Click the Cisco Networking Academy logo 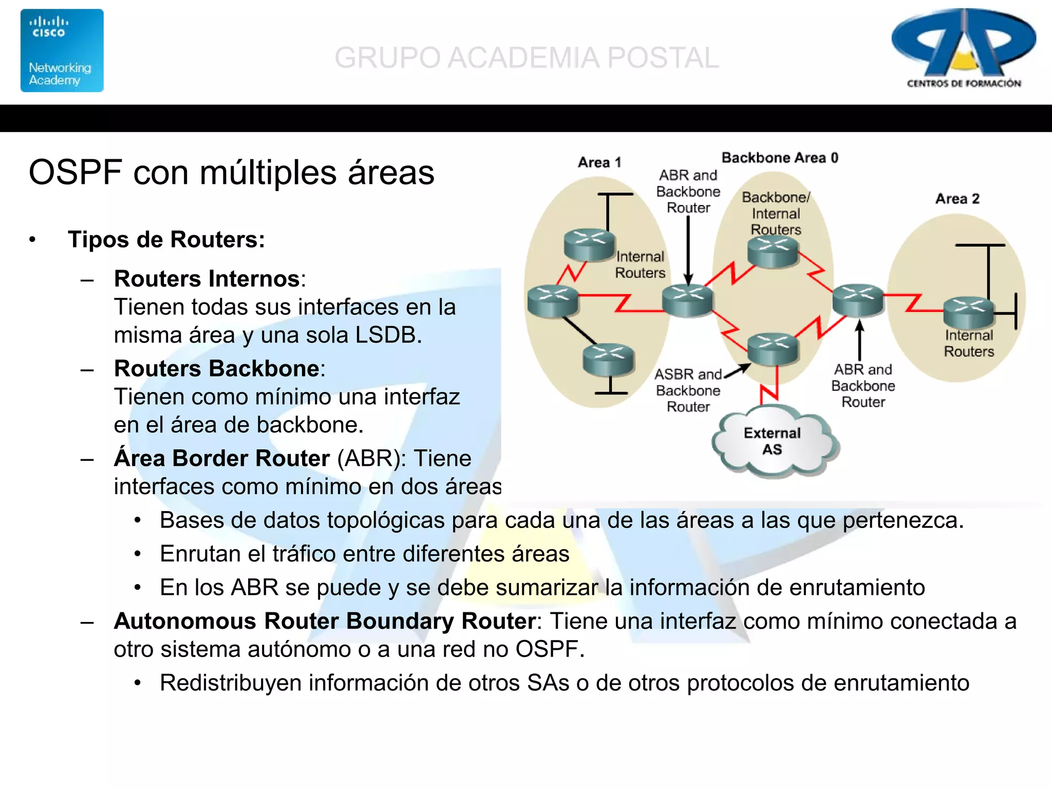[x=62, y=50]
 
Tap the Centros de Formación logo [x=964, y=49]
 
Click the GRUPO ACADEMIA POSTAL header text [x=527, y=58]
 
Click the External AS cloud [x=773, y=441]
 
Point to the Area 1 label [x=599, y=162]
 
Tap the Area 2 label [x=957, y=199]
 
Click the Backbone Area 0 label [x=779, y=158]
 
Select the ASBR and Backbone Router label [x=688, y=390]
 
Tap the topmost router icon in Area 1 [x=589, y=245]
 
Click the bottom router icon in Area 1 [x=608, y=359]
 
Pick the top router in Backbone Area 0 [x=773, y=252]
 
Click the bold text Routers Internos [x=206, y=279]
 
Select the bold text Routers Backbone [x=216, y=369]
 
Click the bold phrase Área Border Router [x=221, y=458]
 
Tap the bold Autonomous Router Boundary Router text [x=325, y=621]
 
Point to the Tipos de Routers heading [x=166, y=240]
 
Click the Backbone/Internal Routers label [x=776, y=213]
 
